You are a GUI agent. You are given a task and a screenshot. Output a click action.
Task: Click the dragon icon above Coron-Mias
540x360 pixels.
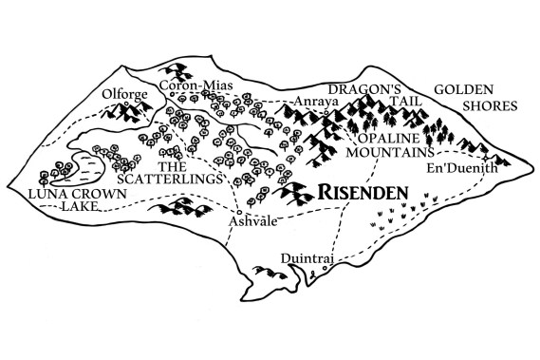pos(177,70)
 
